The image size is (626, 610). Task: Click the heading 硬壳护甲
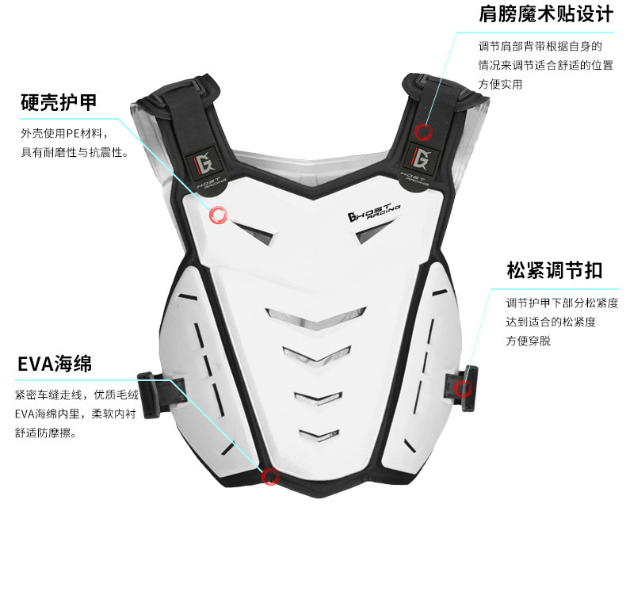pos(59,102)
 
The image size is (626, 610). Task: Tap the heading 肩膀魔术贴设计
pos(545,15)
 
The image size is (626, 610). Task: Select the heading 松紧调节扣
pos(554,270)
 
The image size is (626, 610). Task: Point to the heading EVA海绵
pos(55,364)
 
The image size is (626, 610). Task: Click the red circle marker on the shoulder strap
pos(424,132)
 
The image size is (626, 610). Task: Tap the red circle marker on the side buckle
pos(464,387)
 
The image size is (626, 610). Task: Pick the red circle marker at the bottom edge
pos(270,476)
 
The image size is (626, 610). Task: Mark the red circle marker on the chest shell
pos(218,215)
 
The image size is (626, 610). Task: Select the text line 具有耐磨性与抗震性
pos(74,151)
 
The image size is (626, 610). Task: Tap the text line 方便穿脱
pos(529,341)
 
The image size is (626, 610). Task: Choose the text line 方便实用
pos(500,84)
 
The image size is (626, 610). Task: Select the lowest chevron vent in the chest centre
pos(319,434)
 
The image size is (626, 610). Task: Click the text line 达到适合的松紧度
pos(552,322)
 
